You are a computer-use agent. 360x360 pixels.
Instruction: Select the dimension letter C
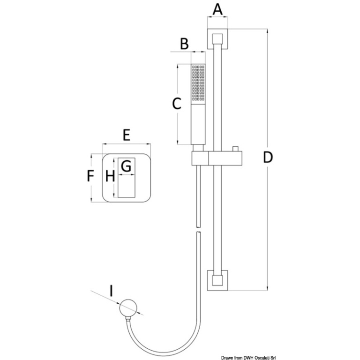point(176,104)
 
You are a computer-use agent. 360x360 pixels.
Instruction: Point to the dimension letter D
point(267,158)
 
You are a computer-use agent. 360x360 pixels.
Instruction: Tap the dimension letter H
point(109,176)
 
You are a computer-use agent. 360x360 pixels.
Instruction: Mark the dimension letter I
point(111,291)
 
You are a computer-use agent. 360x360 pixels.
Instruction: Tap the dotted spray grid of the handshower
point(198,83)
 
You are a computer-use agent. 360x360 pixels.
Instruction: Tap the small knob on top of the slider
point(235,150)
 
